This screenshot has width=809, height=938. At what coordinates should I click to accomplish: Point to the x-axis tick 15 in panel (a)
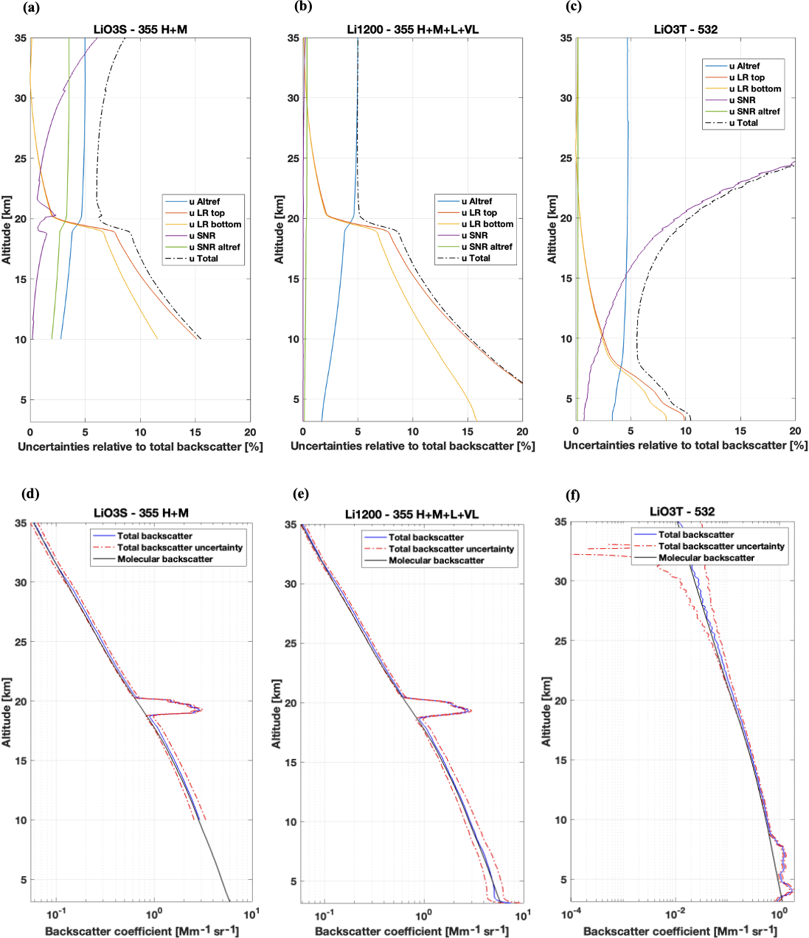[x=195, y=433]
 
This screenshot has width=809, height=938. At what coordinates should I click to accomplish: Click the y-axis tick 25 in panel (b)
[x=294, y=158]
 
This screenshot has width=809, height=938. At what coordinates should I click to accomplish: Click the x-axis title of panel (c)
[x=685, y=446]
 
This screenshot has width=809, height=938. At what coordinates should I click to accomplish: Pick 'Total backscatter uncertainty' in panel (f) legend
[x=721, y=546]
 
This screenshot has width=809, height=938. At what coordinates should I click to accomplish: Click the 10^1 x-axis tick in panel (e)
[x=522, y=916]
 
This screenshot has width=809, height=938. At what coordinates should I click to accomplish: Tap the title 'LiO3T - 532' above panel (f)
[x=682, y=511]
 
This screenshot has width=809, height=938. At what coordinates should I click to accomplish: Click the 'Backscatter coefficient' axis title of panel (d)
[x=142, y=931]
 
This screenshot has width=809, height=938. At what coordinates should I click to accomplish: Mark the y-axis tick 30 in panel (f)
[x=560, y=581]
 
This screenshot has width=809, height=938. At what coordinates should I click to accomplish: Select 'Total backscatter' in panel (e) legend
[x=426, y=537]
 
